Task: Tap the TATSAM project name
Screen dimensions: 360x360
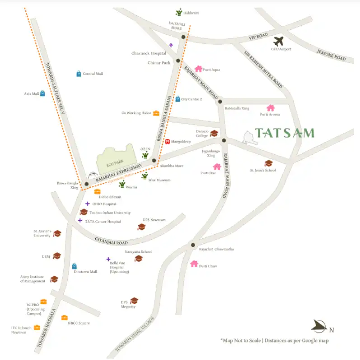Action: click(285, 133)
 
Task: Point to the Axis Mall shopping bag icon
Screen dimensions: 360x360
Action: click(42, 94)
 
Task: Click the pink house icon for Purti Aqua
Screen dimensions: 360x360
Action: click(198, 69)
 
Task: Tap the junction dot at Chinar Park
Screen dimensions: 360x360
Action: click(178, 60)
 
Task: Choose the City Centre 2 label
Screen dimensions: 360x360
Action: click(191, 99)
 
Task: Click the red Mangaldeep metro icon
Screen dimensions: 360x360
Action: click(168, 142)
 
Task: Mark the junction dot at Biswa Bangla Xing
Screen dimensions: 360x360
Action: click(86, 184)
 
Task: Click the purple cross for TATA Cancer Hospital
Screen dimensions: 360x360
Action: click(80, 221)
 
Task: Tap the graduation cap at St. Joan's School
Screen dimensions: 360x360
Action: click(268, 163)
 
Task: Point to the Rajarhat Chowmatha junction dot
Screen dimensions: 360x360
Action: click(193, 244)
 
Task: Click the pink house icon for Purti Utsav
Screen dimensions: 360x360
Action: click(194, 264)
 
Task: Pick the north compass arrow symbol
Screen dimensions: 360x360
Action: click(319, 325)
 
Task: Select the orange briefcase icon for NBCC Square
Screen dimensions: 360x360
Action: click(64, 317)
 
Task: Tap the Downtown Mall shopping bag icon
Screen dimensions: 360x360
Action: click(75, 266)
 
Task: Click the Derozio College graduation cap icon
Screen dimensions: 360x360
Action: click(214, 133)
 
